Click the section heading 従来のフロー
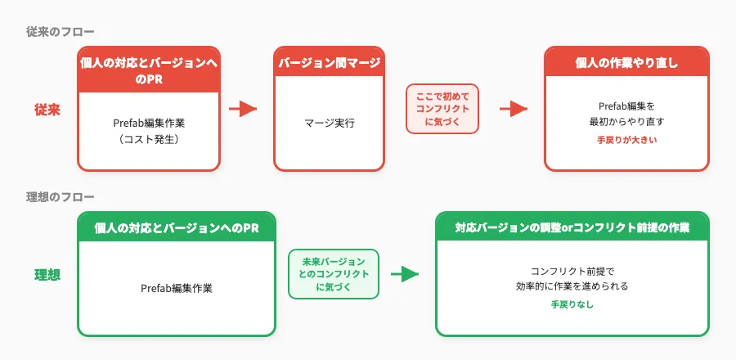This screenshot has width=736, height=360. (x=60, y=32)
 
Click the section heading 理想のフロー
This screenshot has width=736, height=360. (x=60, y=197)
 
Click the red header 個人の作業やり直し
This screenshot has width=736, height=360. (x=626, y=63)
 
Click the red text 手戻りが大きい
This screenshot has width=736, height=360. (x=626, y=141)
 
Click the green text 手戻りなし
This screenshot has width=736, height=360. (x=572, y=304)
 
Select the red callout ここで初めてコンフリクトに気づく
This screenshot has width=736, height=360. (x=442, y=110)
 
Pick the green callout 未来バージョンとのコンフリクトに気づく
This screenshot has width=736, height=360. (x=333, y=274)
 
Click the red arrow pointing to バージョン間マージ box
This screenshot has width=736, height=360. (x=242, y=110)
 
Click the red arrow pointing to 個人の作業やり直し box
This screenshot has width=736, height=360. (x=513, y=110)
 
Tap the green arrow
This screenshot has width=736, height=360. (x=403, y=274)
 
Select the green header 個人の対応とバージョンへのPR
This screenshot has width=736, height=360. (x=177, y=228)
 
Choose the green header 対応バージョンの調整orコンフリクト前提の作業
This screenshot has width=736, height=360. (x=572, y=228)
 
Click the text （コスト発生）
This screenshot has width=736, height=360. (x=149, y=139)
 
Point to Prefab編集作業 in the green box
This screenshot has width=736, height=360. (x=177, y=288)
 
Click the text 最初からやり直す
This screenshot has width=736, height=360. (x=626, y=121)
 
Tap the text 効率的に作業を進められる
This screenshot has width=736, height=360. (x=572, y=287)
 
